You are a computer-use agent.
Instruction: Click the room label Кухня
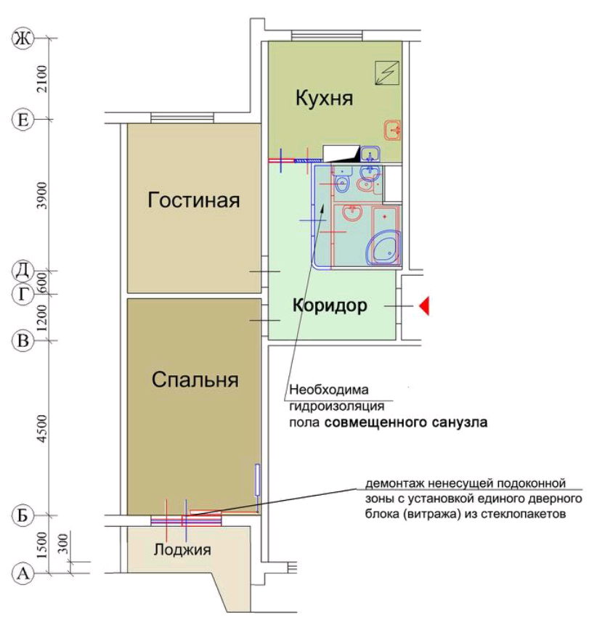[324, 99]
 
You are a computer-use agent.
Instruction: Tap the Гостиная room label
[194, 200]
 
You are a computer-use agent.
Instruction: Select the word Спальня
[195, 380]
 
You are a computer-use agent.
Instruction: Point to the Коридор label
[330, 306]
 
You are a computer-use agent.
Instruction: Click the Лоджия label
[182, 549]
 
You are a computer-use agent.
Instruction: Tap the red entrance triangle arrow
[424, 306]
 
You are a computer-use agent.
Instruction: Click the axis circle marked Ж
[23, 39]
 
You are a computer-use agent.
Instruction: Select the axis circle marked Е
[23, 120]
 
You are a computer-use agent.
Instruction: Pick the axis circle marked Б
[23, 515]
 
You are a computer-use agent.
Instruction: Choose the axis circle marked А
[23, 573]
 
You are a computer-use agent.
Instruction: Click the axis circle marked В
[23, 341]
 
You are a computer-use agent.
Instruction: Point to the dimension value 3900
[42, 195]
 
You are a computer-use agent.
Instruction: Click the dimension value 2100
[42, 78]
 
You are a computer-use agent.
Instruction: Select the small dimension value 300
[64, 544]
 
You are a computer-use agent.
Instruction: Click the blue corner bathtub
[383, 248]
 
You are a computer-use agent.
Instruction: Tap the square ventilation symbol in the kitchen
[387, 73]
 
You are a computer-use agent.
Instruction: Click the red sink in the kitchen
[392, 131]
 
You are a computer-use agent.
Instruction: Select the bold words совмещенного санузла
[406, 422]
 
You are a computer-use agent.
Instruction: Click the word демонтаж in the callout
[395, 484]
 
